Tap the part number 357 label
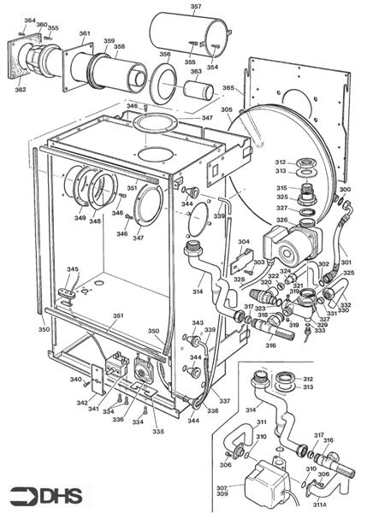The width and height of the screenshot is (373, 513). [x=196, y=8]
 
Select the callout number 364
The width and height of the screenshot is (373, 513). [x=30, y=21]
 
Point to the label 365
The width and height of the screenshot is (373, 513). [x=228, y=87]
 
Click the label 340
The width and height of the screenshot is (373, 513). [x=76, y=380]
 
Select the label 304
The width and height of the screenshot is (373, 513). [x=244, y=242]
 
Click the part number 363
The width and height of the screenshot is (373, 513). [x=196, y=72]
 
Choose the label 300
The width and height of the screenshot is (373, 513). [x=345, y=190]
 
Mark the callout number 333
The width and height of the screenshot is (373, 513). [x=319, y=330]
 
